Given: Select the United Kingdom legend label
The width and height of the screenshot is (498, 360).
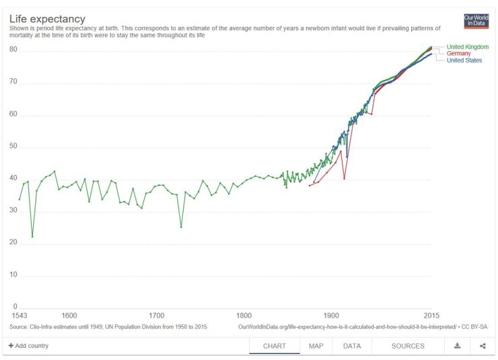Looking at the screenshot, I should (467, 46).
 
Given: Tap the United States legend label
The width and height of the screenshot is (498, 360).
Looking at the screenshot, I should (464, 60).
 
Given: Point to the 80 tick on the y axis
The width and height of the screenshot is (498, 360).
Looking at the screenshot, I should (13, 50).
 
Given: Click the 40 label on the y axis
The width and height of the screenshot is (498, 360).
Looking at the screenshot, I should (13, 179).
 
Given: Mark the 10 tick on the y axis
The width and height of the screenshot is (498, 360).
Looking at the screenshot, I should (13, 276).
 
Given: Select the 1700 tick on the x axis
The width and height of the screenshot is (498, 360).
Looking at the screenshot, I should (157, 315).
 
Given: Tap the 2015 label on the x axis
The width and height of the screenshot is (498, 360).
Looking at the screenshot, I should (431, 315).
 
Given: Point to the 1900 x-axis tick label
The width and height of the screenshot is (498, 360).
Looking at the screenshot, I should (331, 315).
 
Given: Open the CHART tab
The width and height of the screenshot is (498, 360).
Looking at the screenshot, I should (275, 346).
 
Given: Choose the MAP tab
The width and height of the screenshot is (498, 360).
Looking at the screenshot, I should (316, 346).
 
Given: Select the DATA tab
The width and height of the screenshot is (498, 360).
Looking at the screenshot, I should (352, 346).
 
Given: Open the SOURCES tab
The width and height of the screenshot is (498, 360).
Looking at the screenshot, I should (408, 346).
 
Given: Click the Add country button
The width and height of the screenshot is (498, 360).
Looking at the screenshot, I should (28, 346).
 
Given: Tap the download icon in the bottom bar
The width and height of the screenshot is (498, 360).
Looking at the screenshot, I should (457, 346).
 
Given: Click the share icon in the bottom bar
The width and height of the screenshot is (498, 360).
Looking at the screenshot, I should (483, 346).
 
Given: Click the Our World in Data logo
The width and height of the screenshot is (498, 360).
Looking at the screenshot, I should (476, 21).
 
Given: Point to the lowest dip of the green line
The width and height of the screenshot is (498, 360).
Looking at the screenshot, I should (32, 237).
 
